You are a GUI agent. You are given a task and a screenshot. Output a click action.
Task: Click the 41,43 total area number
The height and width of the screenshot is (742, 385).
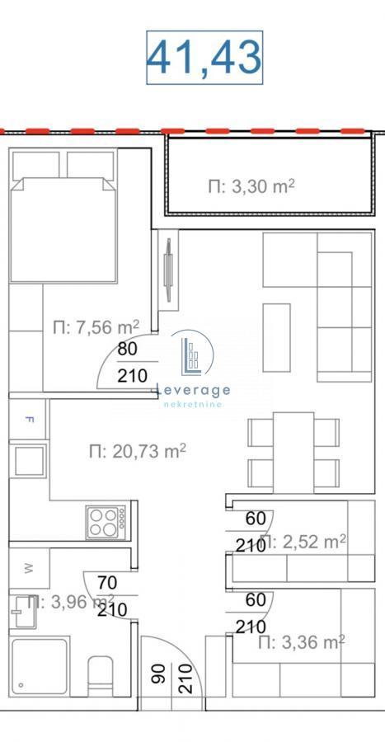[204, 57]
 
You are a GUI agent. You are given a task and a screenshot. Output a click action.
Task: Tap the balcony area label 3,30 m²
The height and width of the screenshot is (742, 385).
[251, 186]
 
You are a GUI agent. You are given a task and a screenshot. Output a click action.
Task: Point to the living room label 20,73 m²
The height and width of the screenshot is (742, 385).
[137, 450]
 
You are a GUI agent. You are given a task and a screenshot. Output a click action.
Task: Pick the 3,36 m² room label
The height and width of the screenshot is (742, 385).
[301, 641]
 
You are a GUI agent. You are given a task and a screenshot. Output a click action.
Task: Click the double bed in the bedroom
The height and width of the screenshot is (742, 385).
[62, 227]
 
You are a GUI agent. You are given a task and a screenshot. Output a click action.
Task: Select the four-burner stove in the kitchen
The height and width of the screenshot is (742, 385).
[106, 521]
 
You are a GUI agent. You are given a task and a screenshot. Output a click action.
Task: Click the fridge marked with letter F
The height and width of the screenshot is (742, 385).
[30, 419]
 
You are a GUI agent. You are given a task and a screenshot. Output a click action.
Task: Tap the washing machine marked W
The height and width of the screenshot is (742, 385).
[29, 567]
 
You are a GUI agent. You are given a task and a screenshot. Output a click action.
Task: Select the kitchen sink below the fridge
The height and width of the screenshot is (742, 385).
[30, 462]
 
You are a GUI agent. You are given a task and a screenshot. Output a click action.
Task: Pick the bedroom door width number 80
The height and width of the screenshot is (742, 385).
[127, 349]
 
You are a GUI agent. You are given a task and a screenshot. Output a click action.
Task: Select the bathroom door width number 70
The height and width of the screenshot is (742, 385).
[106, 582]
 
